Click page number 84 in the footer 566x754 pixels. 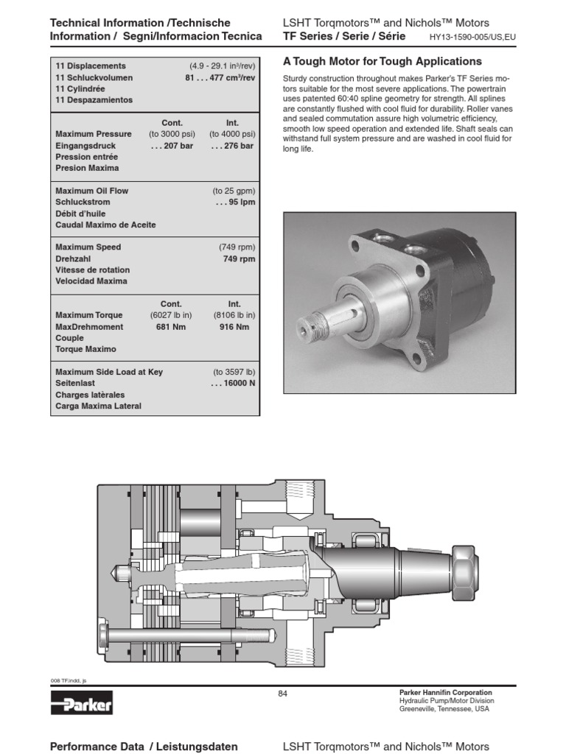[x=283, y=693]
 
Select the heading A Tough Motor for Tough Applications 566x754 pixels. [x=382, y=62]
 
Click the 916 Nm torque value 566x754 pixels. [x=234, y=326]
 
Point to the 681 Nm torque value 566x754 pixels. [x=169, y=326]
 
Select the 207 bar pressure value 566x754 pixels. [x=170, y=146]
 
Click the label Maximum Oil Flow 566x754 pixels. [x=92, y=191]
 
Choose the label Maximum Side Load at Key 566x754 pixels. [x=109, y=372]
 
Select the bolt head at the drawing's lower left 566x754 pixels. [x=104, y=633]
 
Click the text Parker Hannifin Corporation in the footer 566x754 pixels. [x=445, y=693]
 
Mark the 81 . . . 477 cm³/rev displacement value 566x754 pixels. [x=220, y=77]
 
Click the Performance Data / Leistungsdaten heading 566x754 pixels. [x=143, y=746]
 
